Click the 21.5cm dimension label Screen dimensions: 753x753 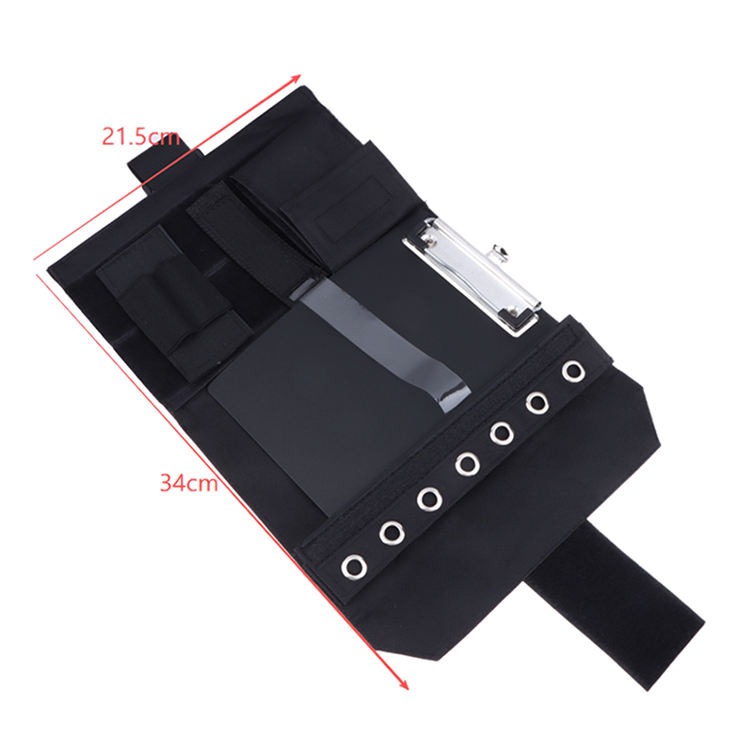click(140, 137)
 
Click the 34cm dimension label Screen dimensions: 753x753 click(189, 483)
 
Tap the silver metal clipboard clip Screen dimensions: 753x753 click(473, 277)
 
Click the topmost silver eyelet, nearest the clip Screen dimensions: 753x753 click(573, 371)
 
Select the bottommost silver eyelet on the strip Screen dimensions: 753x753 click(355, 567)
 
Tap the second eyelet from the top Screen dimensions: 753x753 click(537, 403)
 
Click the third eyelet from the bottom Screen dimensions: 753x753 click(429, 499)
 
